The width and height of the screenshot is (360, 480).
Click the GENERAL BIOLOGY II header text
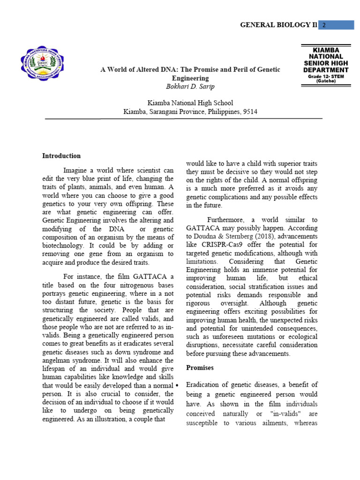(278, 25)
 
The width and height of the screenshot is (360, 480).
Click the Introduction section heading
(61, 156)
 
